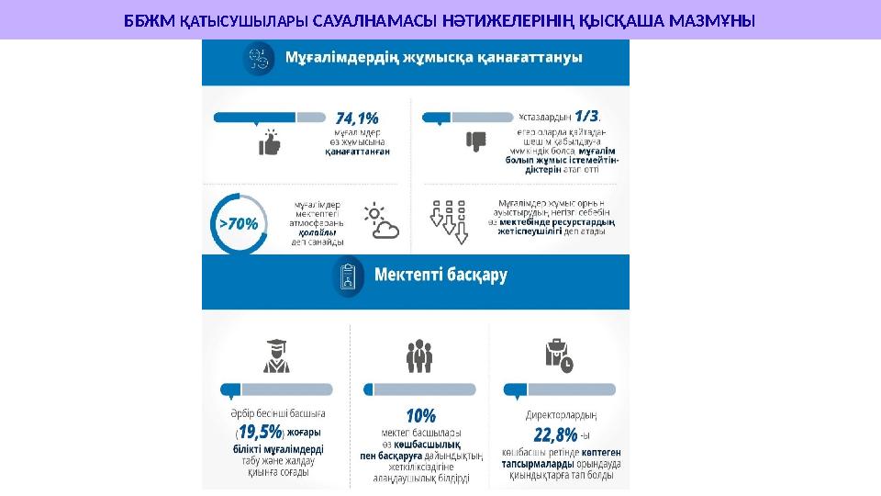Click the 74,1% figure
[x=357, y=118]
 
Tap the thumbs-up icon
[x=270, y=143]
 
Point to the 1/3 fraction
[x=586, y=116]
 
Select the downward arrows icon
[x=450, y=221]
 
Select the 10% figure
[x=420, y=415]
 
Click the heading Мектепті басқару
[x=440, y=274]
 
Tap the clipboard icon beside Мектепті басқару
[x=349, y=275]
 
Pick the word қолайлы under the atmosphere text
[x=315, y=232]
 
